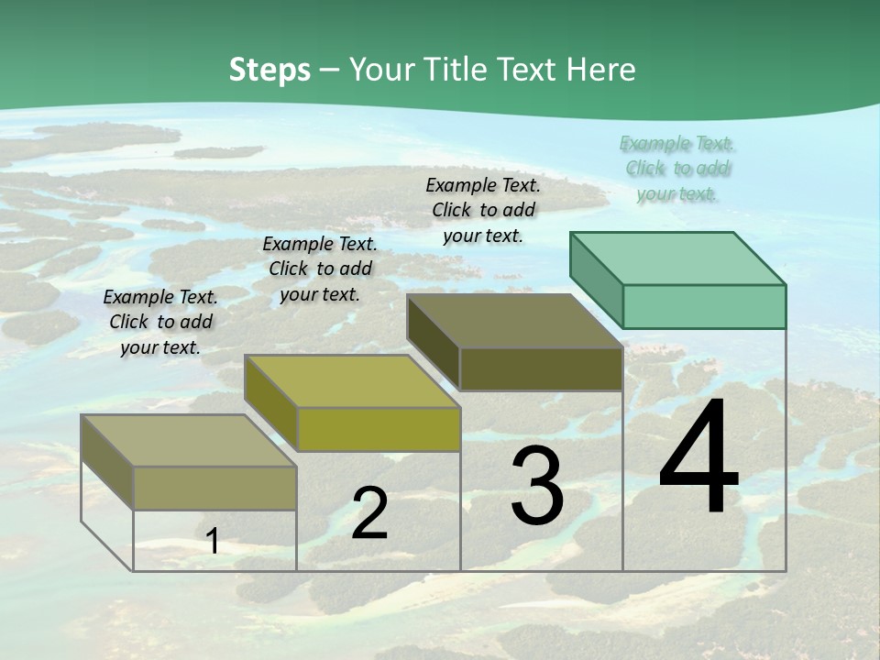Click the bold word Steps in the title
(269, 70)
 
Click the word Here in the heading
(600, 70)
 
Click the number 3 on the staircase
(537, 486)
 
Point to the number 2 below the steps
(369, 513)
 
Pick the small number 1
(213, 541)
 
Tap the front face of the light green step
(704, 306)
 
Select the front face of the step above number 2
(379, 429)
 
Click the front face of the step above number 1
(214, 488)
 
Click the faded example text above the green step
(676, 168)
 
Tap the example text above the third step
(483, 210)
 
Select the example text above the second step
(320, 269)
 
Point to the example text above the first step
(160, 322)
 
